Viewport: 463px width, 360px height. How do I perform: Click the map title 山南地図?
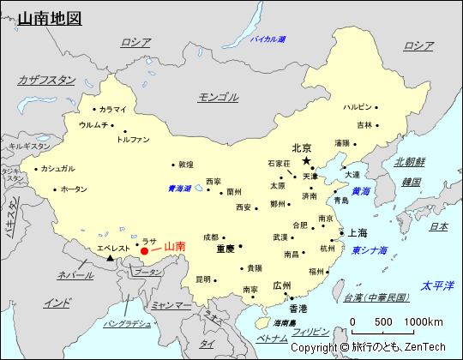50,17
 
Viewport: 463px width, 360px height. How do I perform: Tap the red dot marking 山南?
144,251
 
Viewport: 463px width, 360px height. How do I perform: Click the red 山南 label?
174,246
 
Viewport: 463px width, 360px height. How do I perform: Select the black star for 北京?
306,160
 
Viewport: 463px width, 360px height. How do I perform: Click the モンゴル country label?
218,97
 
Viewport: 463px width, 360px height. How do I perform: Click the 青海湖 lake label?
179,189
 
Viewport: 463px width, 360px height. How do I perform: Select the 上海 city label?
358,232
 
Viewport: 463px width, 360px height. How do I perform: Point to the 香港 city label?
298,308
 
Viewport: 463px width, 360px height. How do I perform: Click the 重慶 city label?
225,249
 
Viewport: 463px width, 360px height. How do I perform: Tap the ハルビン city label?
358,107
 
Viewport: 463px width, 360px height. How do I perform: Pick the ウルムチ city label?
93,125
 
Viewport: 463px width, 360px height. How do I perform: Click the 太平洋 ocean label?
436,285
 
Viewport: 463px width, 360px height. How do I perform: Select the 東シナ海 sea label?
370,250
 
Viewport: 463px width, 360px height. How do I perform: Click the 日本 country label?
438,226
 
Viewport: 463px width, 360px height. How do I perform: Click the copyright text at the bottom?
368,347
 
